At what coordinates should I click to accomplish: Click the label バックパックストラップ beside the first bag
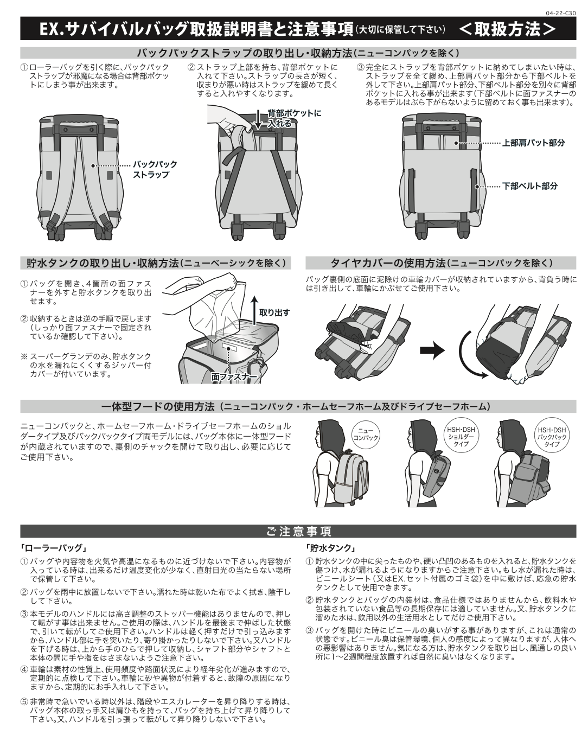155,169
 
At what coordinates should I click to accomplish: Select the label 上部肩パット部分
533,143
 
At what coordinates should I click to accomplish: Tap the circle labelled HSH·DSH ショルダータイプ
461,437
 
